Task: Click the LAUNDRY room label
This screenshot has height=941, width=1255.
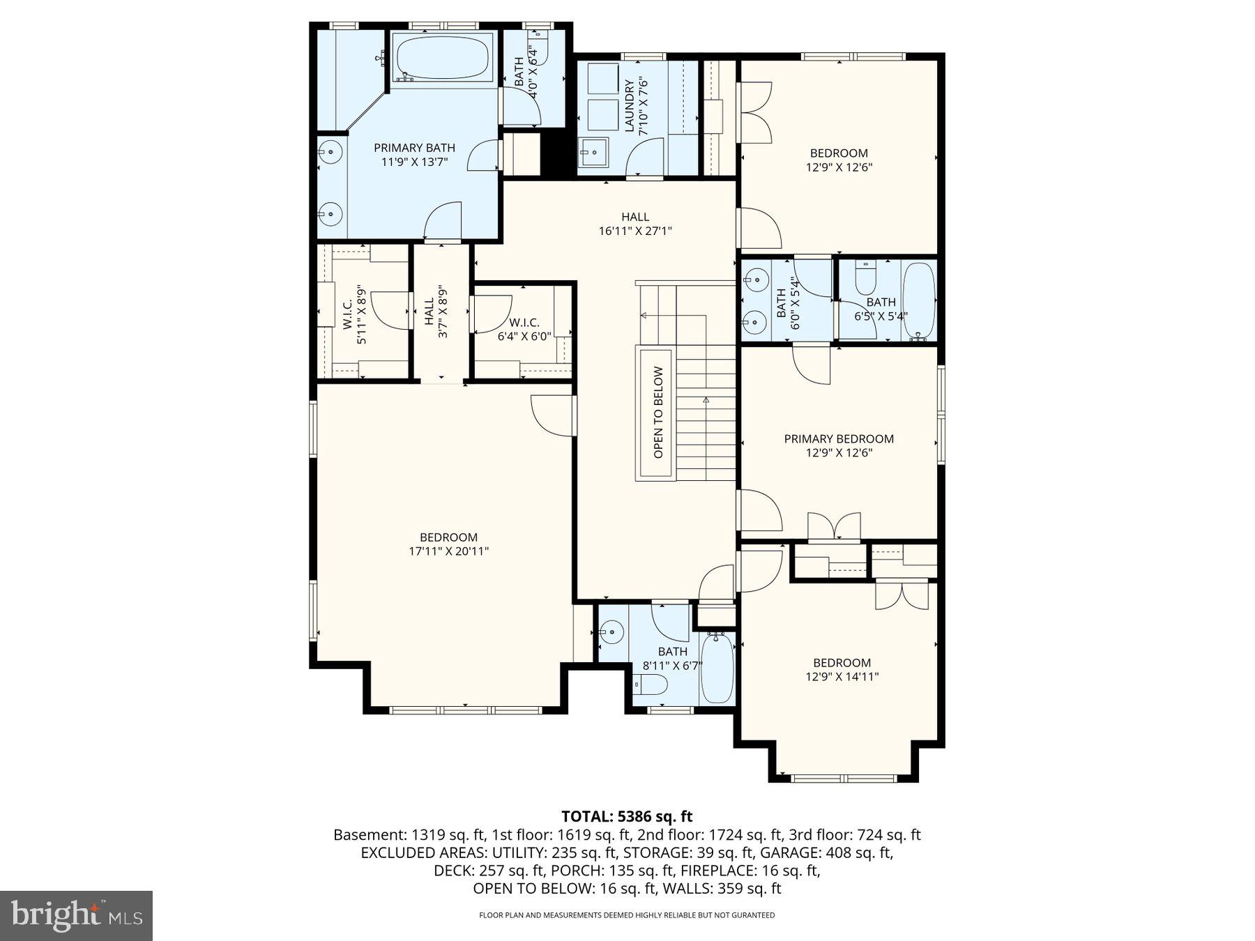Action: point(630,106)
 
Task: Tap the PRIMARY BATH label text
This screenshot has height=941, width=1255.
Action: point(414,148)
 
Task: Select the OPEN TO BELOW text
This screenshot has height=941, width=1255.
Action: point(658,413)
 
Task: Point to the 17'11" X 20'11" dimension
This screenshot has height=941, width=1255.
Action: point(448,551)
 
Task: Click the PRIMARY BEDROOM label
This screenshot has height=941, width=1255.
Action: point(838,438)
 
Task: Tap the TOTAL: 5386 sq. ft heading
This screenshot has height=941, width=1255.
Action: point(627,816)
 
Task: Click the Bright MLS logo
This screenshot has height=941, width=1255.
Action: point(76,915)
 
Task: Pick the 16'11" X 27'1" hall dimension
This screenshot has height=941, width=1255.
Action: point(634,231)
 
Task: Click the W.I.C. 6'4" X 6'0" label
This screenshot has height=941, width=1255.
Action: point(524,328)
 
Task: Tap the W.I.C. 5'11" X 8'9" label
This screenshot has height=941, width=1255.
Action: point(353,315)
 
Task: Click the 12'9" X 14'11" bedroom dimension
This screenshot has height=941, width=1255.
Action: point(842,677)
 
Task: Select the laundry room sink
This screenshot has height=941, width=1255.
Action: point(593,153)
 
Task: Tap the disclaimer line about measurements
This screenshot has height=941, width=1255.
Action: point(626,915)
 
